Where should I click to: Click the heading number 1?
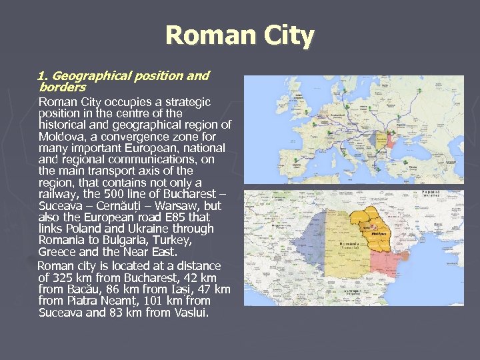[x=43, y=76]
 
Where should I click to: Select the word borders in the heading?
[x=63, y=87]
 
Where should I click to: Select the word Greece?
[x=58, y=252]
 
